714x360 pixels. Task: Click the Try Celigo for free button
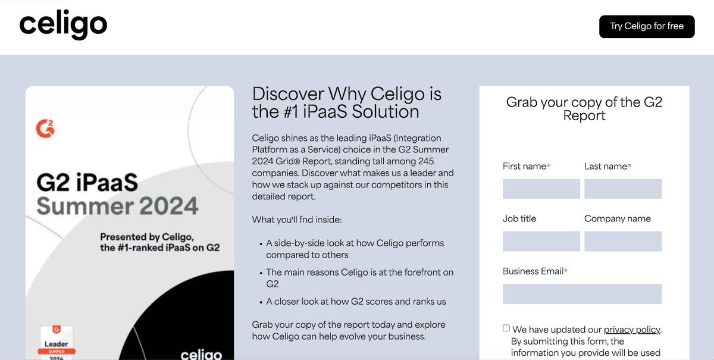tap(647, 26)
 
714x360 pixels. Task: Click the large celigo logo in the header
tap(63, 24)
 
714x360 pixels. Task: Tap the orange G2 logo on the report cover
tap(45, 129)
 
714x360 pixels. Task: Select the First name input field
tap(541, 189)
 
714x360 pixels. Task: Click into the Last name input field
tap(623, 189)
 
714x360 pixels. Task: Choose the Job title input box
tap(541, 242)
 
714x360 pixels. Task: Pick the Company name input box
tap(623, 242)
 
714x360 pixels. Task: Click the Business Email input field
tap(582, 294)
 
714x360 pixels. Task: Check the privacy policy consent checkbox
tap(506, 328)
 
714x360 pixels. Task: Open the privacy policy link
tap(632, 330)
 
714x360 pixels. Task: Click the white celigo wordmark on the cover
tap(201, 355)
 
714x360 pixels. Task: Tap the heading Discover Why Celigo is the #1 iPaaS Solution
tap(346, 103)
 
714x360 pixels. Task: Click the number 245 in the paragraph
tap(426, 161)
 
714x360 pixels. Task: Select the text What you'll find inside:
tap(297, 220)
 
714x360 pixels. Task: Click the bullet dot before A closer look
tap(261, 302)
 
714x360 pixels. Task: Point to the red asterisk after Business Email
tap(566, 271)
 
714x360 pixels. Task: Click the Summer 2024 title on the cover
tap(117, 206)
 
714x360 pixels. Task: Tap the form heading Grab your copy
tap(584, 109)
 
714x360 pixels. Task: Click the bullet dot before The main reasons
tap(261, 273)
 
